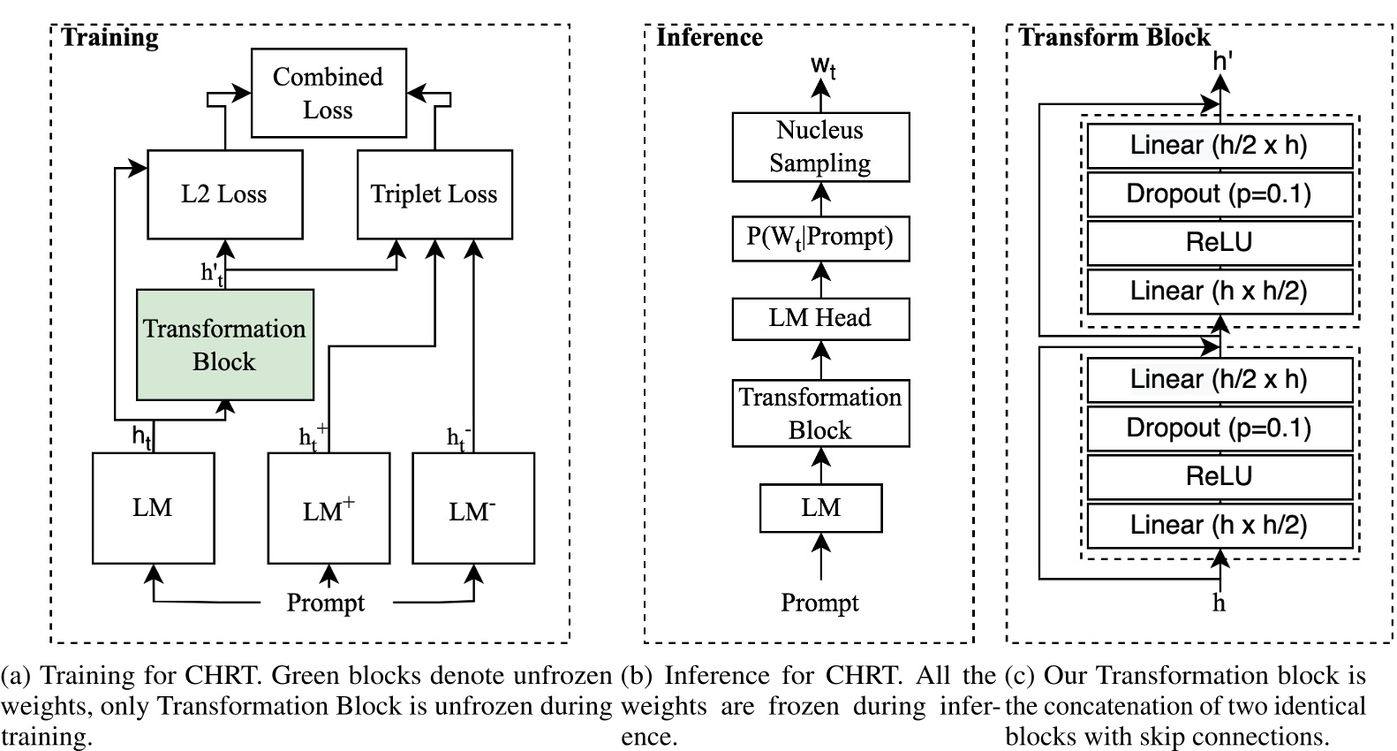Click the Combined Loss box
coord(328,93)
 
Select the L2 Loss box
coord(224,194)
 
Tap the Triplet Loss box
coord(434,194)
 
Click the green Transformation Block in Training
coord(224,345)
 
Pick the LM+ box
coord(328,509)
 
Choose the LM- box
coord(473,509)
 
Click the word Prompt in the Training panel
coord(325,603)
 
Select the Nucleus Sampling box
coord(820,147)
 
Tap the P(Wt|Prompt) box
coord(820,237)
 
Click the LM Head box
coord(820,318)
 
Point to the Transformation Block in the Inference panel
coord(820,413)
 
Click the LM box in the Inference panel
coord(820,508)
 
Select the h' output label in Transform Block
coord(1223,60)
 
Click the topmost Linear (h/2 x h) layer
coord(1219,146)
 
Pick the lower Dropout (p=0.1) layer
coord(1219,429)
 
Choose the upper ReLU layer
coord(1219,243)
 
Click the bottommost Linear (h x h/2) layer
coord(1219,526)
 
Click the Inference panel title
coord(709,37)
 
